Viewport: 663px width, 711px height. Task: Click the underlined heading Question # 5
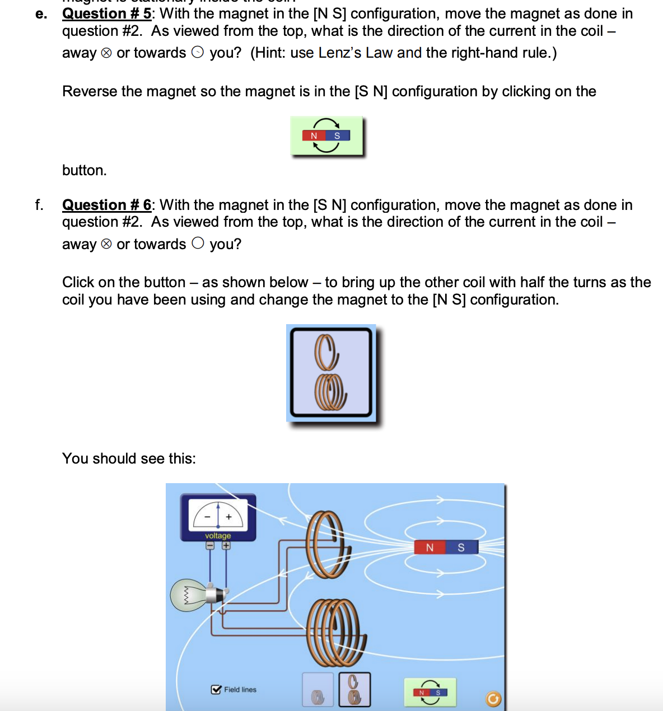[x=106, y=13]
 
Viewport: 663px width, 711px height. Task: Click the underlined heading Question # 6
[x=106, y=205]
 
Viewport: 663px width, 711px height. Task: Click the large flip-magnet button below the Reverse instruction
[x=326, y=136]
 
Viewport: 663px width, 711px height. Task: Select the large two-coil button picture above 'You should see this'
[x=331, y=373]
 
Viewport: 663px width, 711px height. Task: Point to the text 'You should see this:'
[x=129, y=459]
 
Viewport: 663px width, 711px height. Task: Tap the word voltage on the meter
[x=218, y=536]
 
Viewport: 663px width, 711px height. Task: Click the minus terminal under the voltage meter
[x=210, y=545]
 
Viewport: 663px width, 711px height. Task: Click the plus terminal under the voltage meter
[x=226, y=545]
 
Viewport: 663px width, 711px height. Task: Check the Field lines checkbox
[x=216, y=690]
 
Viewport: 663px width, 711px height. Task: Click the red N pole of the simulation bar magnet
[x=429, y=548]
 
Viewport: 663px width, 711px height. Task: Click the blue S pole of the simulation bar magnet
[x=461, y=548]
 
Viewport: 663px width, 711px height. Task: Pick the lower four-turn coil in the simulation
[x=335, y=632]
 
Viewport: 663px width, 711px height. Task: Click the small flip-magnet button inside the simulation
[x=429, y=693]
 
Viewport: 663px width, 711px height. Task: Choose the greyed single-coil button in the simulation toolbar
[x=318, y=690]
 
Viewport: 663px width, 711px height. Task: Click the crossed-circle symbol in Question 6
[x=106, y=245]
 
